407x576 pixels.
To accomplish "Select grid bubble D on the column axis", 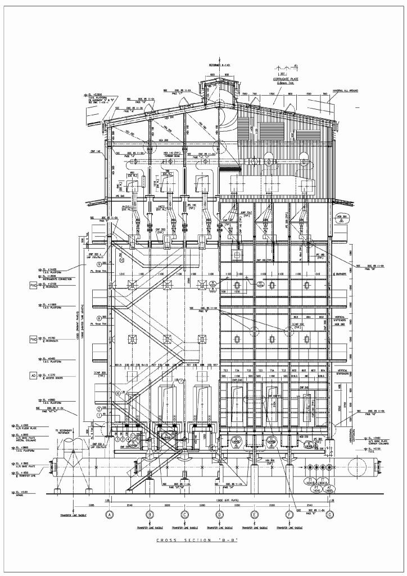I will tap(220, 514).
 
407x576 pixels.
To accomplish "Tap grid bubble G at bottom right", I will tap(331, 514).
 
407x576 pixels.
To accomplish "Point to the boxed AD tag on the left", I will tap(33, 375).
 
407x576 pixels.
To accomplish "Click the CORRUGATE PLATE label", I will tap(284, 80).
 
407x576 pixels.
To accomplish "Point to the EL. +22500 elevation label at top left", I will tap(96, 95).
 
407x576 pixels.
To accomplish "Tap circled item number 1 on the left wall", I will tap(99, 415).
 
